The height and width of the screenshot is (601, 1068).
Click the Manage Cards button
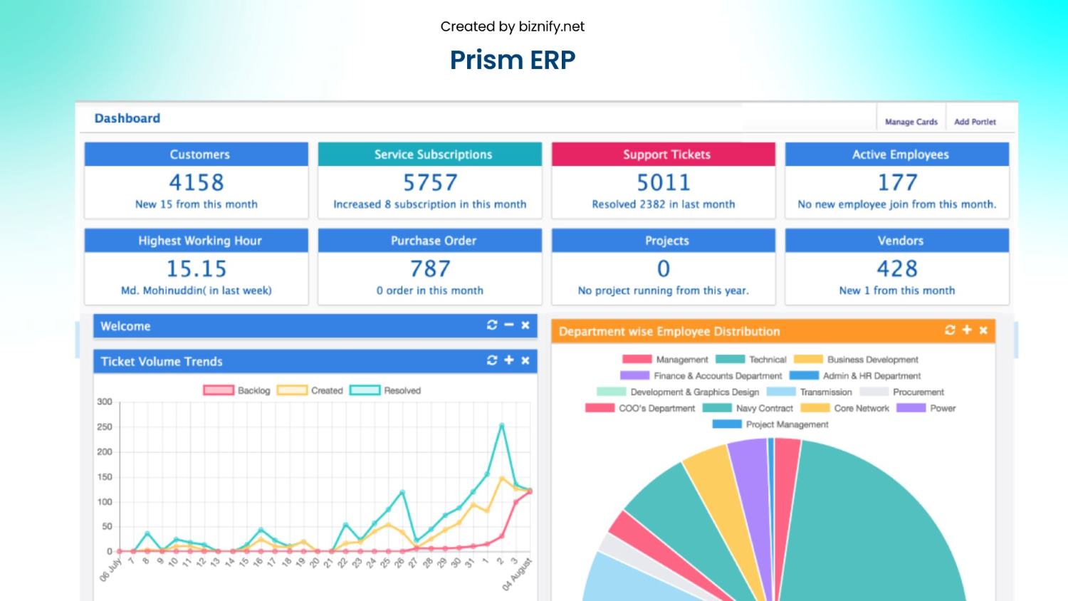(x=911, y=122)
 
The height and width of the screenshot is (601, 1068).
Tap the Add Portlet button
(x=975, y=122)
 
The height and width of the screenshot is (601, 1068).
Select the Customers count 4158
(x=197, y=183)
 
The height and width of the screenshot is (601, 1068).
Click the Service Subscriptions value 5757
(x=430, y=183)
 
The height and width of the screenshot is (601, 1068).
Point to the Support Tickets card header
(x=664, y=155)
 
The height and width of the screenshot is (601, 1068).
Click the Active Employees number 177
(x=897, y=183)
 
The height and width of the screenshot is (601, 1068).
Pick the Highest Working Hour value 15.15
(x=197, y=269)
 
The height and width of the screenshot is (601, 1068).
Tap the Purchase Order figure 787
(x=430, y=269)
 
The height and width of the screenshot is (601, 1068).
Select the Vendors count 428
(x=897, y=269)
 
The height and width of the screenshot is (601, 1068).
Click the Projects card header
(x=664, y=241)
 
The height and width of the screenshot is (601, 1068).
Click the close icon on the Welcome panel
(x=525, y=325)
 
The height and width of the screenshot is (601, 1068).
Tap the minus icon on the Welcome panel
(x=508, y=325)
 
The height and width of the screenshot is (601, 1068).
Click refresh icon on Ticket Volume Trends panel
(x=492, y=360)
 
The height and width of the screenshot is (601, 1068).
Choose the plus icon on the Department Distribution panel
(x=966, y=330)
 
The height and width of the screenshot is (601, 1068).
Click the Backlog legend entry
(x=237, y=390)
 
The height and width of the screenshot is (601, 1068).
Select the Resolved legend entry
(x=385, y=390)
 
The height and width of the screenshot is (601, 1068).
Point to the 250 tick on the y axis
(x=105, y=427)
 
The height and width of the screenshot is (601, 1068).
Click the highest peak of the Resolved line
(x=502, y=426)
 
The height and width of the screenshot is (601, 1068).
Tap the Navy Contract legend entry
(x=748, y=408)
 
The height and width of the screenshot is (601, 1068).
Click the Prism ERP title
(x=513, y=60)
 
